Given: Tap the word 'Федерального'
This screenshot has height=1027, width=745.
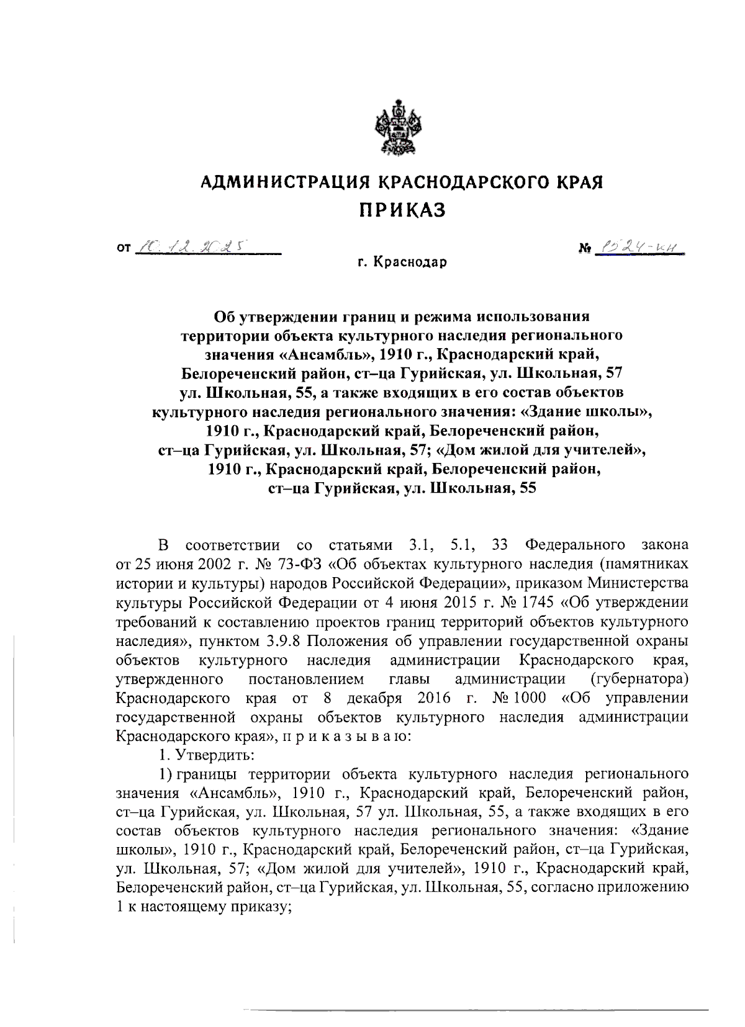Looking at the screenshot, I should tap(574, 545).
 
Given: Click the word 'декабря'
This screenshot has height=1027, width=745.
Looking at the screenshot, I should tap(377, 697).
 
